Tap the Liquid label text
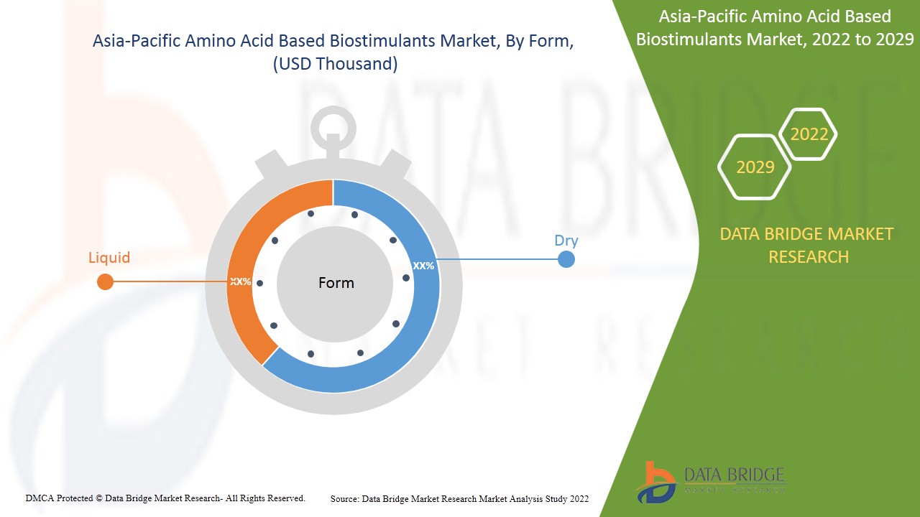pos(109,257)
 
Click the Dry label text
pos(566,241)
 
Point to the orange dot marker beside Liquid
pos(105,281)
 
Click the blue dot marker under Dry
pos(566,258)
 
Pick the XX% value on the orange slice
pos(240,281)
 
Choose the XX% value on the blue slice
pos(423,266)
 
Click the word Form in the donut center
pos(336,283)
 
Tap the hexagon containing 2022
pos(809,134)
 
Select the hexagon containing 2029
pos(755,167)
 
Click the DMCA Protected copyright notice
pos(165,498)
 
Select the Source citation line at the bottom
pos(459,498)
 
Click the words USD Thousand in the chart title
pos(334,64)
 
